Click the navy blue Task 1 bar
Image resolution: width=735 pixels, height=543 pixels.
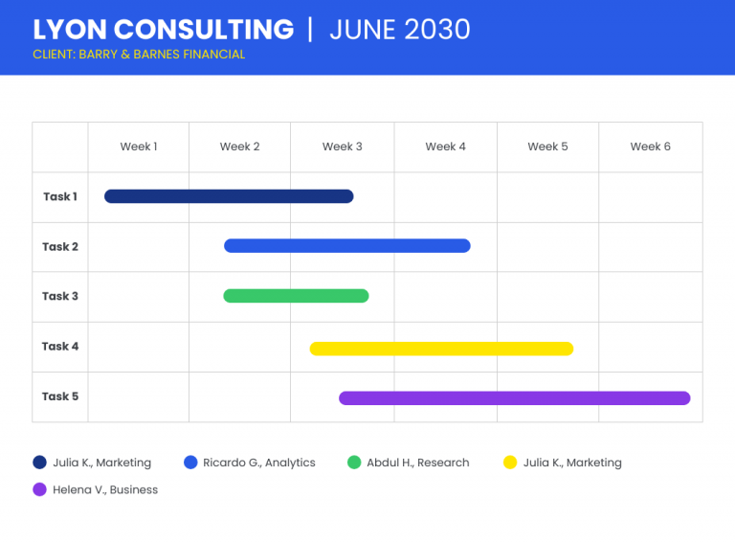[229, 196]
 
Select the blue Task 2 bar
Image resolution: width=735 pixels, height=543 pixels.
[347, 246]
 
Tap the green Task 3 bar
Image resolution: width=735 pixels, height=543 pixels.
[297, 296]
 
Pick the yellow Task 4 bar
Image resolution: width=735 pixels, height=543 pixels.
[441, 349]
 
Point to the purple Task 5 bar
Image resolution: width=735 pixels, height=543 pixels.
[515, 398]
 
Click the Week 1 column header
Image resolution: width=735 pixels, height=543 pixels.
[139, 147]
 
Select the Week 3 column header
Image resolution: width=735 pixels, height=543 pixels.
[343, 147]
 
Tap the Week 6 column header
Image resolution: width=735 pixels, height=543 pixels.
[650, 147]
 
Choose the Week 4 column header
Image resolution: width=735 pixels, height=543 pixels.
[445, 147]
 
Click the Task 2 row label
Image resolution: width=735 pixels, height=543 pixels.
[60, 247]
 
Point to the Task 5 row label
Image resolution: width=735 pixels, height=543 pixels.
[60, 396]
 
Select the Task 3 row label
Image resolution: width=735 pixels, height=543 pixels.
[60, 296]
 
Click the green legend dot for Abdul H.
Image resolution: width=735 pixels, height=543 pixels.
[354, 463]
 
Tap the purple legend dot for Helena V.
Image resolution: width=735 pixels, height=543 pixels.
[40, 489]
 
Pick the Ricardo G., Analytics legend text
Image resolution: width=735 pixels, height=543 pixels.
[259, 463]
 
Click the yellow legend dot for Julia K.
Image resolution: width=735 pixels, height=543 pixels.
[510, 463]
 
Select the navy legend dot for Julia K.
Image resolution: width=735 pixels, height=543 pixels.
[40, 463]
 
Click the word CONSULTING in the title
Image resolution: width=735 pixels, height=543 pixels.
[204, 30]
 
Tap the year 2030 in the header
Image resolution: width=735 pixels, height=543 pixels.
[436, 30]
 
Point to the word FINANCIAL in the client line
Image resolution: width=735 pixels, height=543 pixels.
[213, 55]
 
